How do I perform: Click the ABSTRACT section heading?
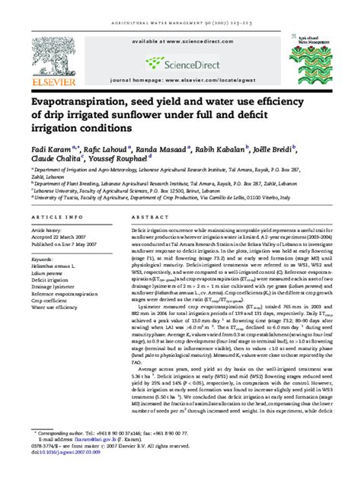point(149,218)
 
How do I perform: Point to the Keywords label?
point(42,260)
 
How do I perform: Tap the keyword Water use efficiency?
point(54,307)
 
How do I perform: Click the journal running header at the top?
point(180,8)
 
